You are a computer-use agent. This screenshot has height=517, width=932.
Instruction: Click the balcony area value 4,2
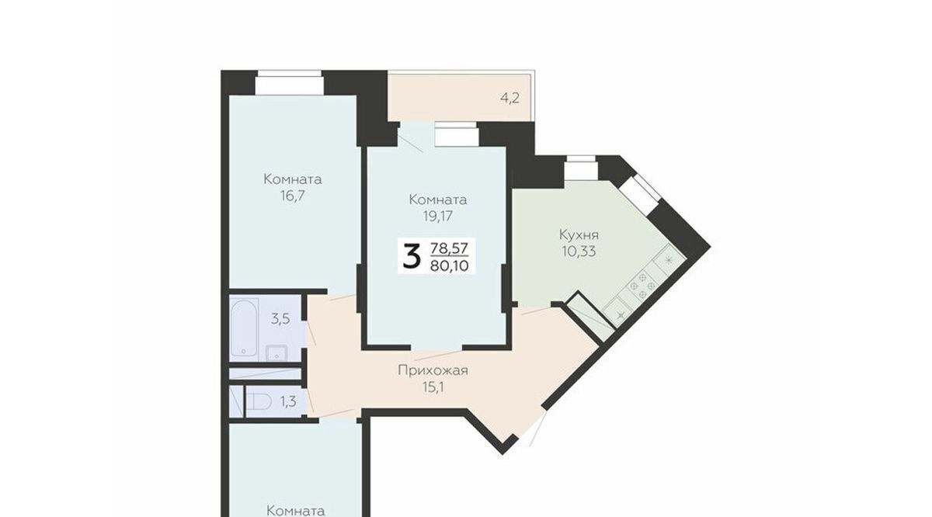point(509,99)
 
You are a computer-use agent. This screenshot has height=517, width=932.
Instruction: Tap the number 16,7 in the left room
point(293,196)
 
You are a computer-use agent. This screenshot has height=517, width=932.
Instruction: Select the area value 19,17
point(438,217)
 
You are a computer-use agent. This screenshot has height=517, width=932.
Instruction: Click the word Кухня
point(579,235)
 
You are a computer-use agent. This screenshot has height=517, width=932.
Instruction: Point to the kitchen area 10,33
point(579,252)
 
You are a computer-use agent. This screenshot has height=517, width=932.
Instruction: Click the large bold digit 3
point(411,257)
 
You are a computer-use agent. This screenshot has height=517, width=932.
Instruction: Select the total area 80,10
point(450,265)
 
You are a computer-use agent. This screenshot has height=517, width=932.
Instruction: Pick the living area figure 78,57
point(450,248)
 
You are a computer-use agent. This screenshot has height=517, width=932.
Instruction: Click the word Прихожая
point(433,370)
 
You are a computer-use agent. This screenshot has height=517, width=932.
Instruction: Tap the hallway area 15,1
point(433,387)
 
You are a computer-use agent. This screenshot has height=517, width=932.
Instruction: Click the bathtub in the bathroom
point(244,328)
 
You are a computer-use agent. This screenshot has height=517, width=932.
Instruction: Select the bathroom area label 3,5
point(280,319)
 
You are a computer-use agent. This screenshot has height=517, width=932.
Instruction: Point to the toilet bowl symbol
point(259,402)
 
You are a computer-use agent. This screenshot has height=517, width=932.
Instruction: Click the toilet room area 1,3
point(288,402)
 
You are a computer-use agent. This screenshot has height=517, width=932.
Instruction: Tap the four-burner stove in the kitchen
point(642,286)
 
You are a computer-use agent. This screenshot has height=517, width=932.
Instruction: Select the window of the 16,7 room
point(290,83)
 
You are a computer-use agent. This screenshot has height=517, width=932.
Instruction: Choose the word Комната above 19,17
point(438,200)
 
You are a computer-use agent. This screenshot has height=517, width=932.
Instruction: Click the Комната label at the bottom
point(295,511)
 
